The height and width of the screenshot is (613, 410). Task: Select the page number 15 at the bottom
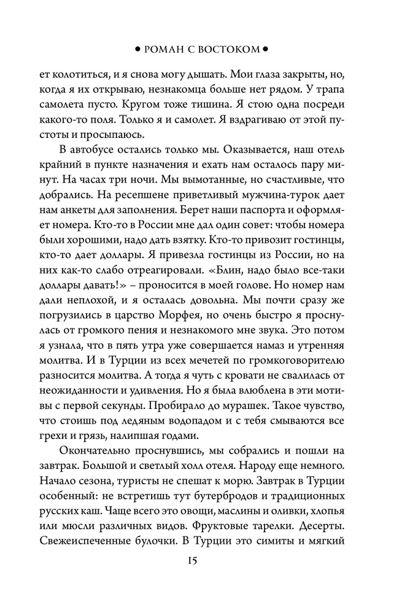(204, 561)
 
